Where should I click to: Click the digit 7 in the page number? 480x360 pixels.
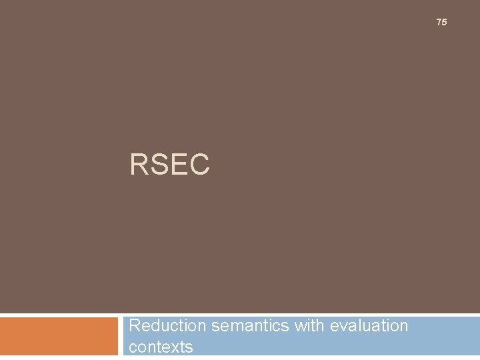click(x=439, y=23)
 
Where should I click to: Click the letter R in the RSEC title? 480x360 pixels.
click(x=139, y=165)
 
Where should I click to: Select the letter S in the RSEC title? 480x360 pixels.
click(x=159, y=165)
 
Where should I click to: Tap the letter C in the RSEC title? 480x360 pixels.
click(x=199, y=165)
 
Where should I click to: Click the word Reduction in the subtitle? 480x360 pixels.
click(x=167, y=325)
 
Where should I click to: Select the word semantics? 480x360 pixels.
click(x=249, y=326)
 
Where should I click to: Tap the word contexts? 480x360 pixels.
click(x=161, y=347)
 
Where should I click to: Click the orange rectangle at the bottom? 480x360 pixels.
click(x=58, y=336)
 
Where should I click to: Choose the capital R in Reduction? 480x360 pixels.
click(x=134, y=325)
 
